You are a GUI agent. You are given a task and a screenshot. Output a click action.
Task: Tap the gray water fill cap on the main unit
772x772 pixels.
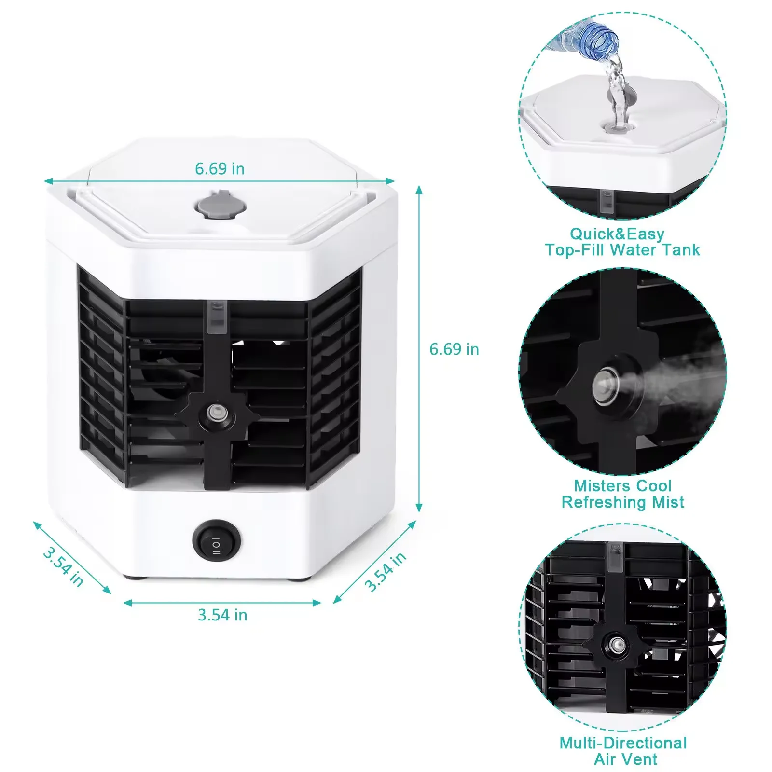coord(220,206)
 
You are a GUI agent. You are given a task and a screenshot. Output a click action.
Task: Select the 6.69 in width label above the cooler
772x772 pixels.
coord(220,169)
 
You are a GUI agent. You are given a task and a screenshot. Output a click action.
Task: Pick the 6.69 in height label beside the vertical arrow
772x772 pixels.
coord(454,349)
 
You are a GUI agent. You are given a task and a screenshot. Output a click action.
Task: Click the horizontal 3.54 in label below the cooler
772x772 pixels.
coord(222,615)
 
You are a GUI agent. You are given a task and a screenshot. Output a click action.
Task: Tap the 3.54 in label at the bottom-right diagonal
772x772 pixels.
coord(385,572)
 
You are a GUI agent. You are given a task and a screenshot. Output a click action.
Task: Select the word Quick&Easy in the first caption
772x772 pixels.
coord(617,234)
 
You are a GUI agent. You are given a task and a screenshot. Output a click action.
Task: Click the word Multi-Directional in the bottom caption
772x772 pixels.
coord(623,743)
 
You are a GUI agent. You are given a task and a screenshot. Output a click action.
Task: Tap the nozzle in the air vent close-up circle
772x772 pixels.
coord(616,644)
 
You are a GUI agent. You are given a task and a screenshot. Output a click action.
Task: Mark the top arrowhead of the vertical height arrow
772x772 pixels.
coord(419,189)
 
